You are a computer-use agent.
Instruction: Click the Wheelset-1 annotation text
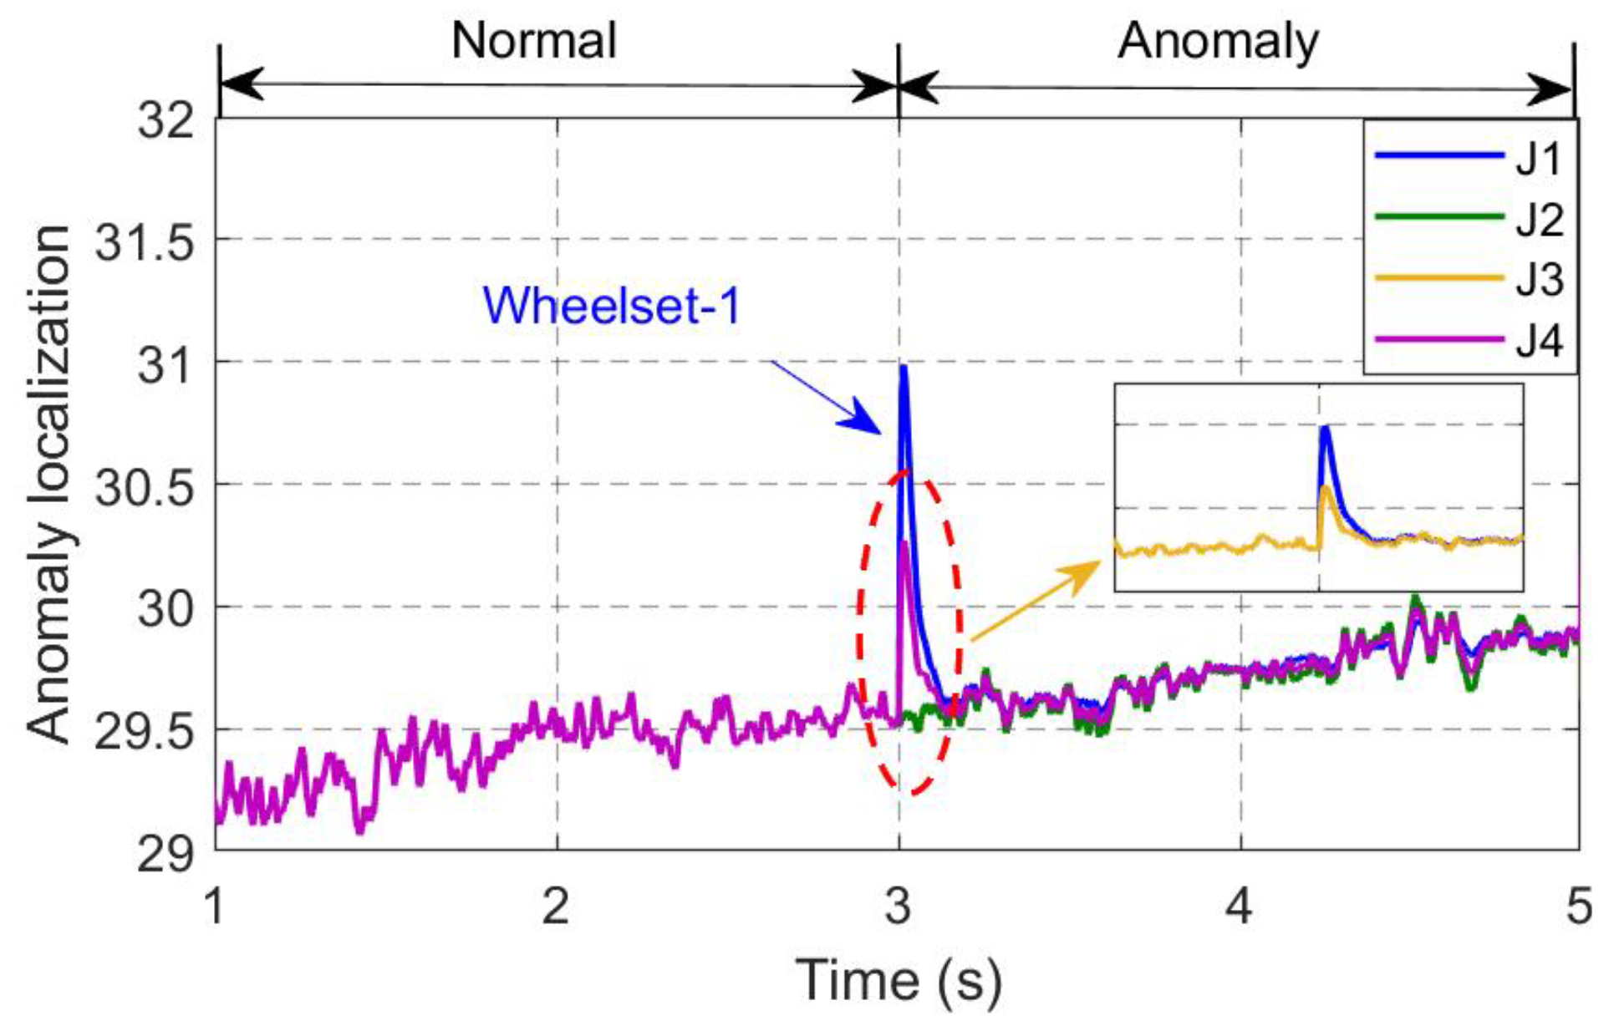[x=612, y=305]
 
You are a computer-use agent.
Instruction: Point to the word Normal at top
[x=534, y=40]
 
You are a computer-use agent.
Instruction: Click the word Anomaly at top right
[x=1218, y=42]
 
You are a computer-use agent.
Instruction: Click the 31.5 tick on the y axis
[x=145, y=242]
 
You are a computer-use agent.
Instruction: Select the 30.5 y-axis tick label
[x=145, y=486]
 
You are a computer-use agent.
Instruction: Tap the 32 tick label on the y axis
[x=166, y=120]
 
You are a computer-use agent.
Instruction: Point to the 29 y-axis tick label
[x=166, y=853]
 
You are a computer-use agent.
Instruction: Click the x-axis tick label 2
[x=556, y=905]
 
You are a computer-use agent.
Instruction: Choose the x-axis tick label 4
[x=1240, y=905]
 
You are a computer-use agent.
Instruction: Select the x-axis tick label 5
[x=1579, y=905]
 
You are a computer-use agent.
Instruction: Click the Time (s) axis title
[x=899, y=981]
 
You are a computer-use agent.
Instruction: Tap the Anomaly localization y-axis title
[x=48, y=485]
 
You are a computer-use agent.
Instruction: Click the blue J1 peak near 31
[x=904, y=368]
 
